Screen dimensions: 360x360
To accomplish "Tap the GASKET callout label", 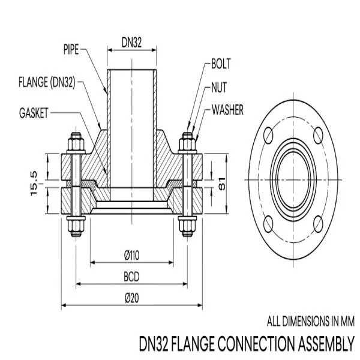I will coord(33,112).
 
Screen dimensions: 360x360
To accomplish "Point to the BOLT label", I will coord(221,64).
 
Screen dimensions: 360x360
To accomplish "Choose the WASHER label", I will coord(227,110).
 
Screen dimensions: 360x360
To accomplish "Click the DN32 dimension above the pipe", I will coord(132,42).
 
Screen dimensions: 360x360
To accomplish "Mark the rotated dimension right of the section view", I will coord(221,183).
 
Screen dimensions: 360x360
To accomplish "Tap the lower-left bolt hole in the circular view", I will coord(269,224).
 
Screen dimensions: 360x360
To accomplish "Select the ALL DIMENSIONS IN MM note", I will coord(310,320).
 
